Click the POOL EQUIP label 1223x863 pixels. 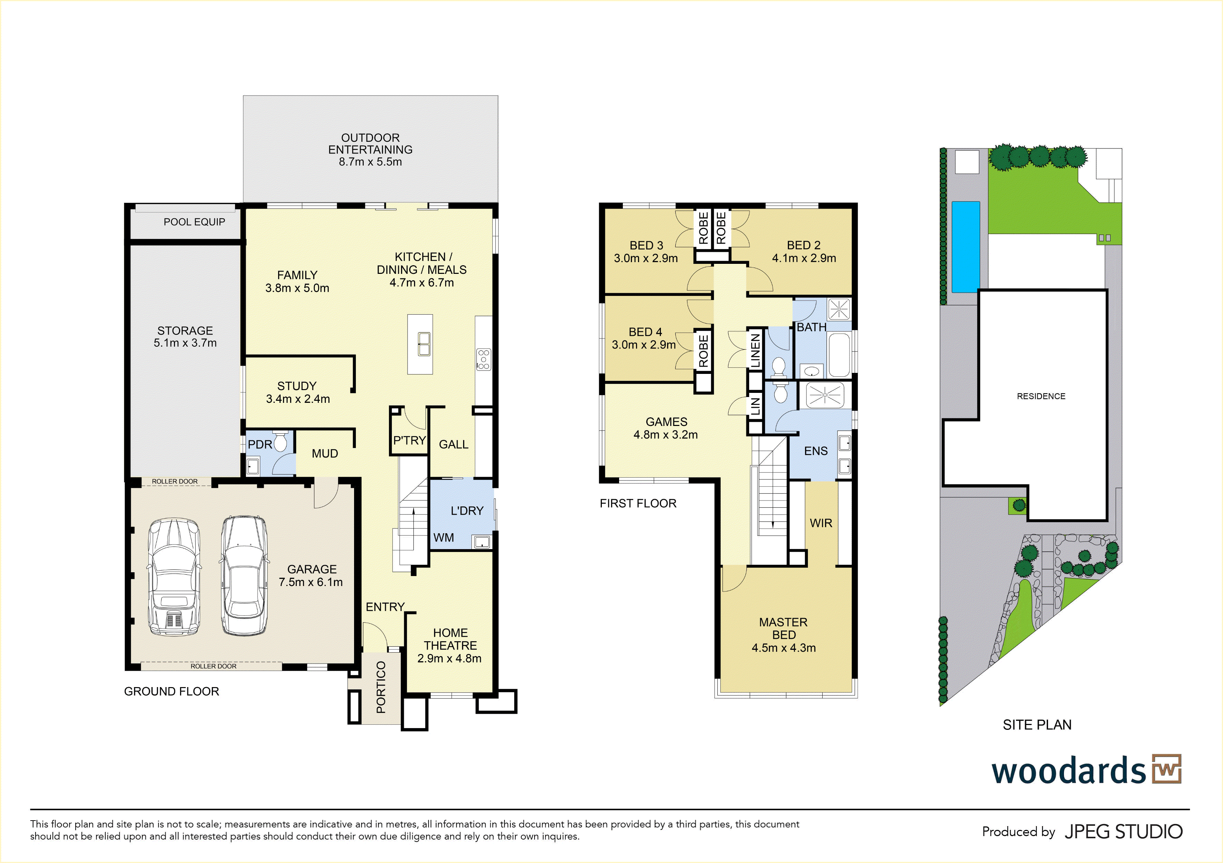click(194, 222)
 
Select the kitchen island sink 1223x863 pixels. click(424, 344)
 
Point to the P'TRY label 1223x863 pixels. click(409, 440)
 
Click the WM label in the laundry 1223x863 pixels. click(444, 538)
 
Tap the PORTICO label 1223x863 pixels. click(381, 687)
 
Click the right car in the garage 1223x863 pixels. click(244, 576)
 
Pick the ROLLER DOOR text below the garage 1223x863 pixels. click(214, 666)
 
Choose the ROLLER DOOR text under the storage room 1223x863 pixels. click(175, 481)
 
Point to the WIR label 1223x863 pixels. click(821, 523)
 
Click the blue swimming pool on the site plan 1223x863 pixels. click(966, 247)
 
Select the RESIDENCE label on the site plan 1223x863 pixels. click(1041, 396)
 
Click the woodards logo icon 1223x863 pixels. click(1166, 769)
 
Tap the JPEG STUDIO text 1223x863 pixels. click(1123, 832)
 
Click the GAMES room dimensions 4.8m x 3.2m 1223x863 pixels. click(665, 434)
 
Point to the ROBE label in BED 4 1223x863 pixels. click(703, 351)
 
